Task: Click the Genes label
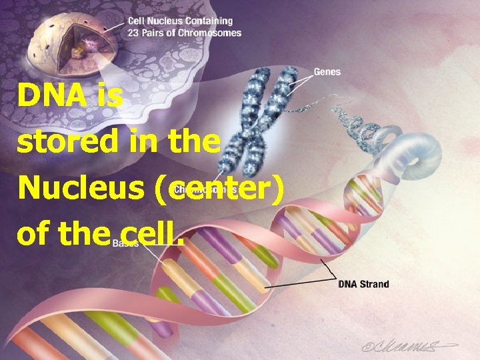coord(327,72)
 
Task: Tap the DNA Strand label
coord(363,284)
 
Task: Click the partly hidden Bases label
coord(125,243)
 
